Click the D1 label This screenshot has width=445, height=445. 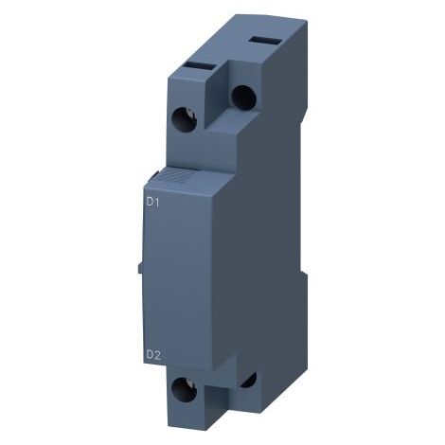click(152, 202)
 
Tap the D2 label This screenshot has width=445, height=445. click(153, 355)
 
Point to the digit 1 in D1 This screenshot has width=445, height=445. click(156, 202)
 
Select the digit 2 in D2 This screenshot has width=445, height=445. click(157, 355)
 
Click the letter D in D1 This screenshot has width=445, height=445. click(150, 202)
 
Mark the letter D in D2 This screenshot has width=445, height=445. click(150, 355)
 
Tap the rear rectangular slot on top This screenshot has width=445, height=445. click(265, 41)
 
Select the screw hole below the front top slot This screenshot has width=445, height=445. click(185, 119)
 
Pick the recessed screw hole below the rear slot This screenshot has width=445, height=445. click(243, 98)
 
